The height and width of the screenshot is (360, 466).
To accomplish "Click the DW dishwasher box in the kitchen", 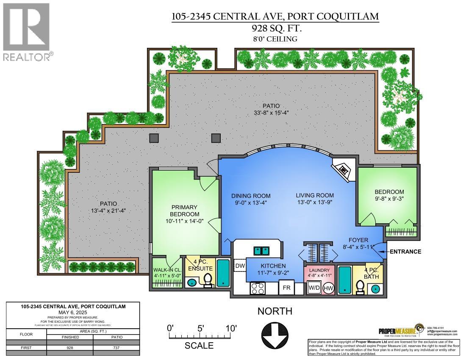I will pos(240,266).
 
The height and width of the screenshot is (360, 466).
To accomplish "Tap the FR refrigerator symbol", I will pos(286,288).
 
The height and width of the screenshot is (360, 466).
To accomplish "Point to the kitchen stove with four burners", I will pos(258,288).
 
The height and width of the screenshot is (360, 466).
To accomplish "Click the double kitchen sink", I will pos(263,250).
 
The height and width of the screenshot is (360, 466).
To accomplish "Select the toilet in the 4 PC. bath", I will pos(360,287).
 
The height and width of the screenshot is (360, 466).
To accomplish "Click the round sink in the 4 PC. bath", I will pos(376,288).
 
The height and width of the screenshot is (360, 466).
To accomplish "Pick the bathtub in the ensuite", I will pos(223,273).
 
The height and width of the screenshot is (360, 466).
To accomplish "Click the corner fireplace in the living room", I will pos(343,169).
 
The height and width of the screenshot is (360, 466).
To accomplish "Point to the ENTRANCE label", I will pos(405,252).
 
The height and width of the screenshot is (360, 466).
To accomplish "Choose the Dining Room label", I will pos(251,196).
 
